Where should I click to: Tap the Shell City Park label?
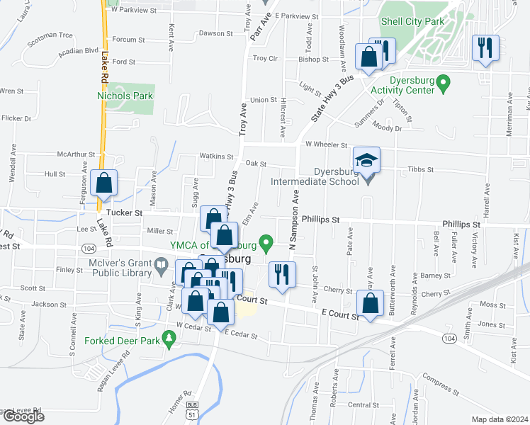pyautogui.click(x=412, y=21)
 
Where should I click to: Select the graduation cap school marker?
pyautogui.click(x=367, y=161)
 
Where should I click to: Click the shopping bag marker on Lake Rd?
pyautogui.click(x=104, y=183)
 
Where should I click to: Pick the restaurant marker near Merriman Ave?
pyautogui.click(x=485, y=49)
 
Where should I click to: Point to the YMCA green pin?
pyautogui.click(x=266, y=245)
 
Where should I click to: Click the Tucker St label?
pyautogui.click(x=124, y=212)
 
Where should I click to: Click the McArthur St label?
pyautogui.click(x=76, y=155)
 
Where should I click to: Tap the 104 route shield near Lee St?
pyautogui.click(x=89, y=249)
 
